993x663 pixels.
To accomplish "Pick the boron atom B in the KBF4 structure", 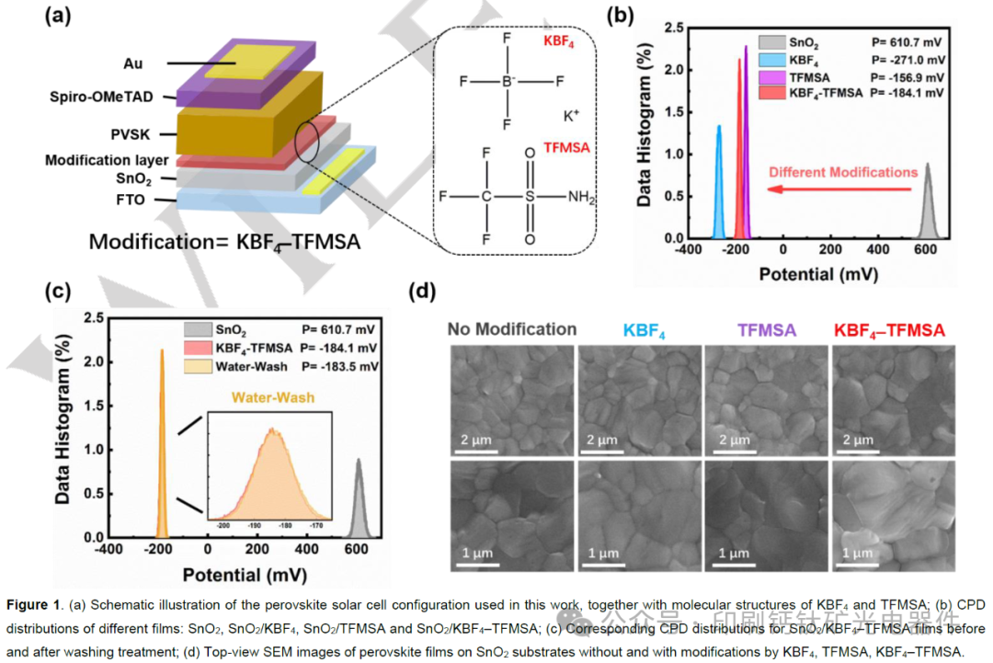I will [x=507, y=82].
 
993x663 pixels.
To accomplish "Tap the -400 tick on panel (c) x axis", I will [x=108, y=551].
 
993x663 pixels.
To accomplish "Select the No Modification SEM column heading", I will [x=512, y=328].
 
